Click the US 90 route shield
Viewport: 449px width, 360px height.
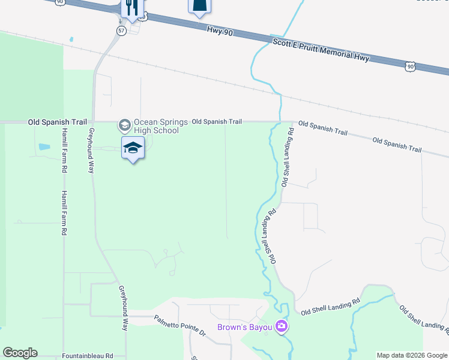click(x=409, y=67)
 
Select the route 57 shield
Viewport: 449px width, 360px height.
click(x=121, y=31)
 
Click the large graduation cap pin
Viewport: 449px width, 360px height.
click(x=133, y=148)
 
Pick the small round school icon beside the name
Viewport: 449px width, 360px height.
click(x=125, y=125)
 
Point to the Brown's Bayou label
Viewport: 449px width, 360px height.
click(x=246, y=327)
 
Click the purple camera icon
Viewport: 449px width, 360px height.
click(x=282, y=327)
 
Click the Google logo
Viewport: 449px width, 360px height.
click(x=20, y=353)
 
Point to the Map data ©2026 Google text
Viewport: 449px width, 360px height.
click(x=411, y=355)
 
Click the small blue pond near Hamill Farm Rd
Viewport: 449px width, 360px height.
click(x=44, y=146)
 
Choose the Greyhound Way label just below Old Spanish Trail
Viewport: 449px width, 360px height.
click(x=92, y=151)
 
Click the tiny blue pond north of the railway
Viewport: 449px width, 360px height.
click(x=71, y=40)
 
